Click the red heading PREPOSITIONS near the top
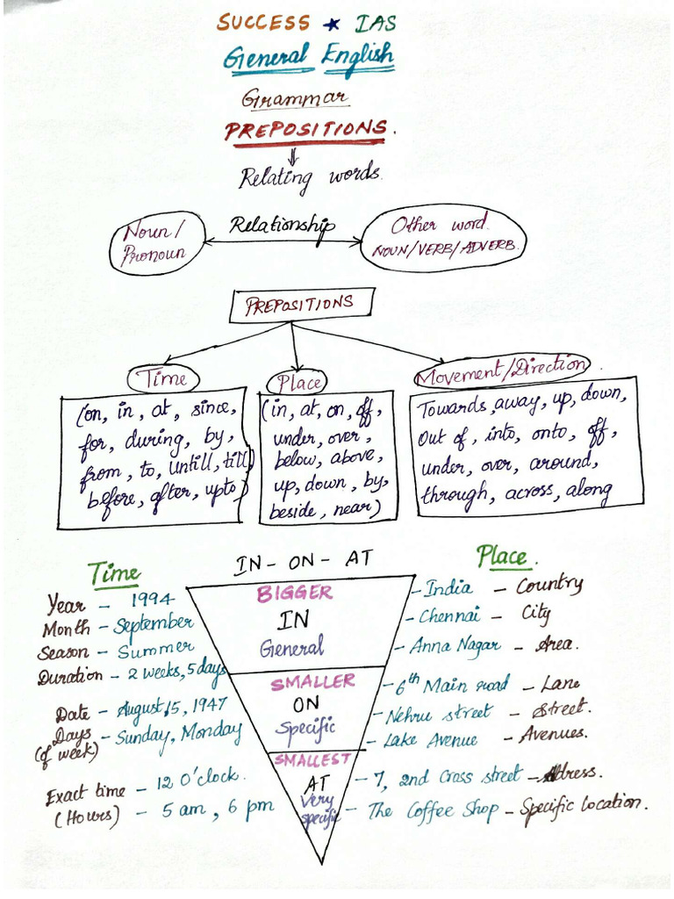pyautogui.click(x=305, y=130)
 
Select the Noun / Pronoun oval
pyautogui.click(x=155, y=244)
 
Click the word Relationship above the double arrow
pyautogui.click(x=282, y=226)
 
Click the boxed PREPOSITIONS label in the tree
pyautogui.click(x=301, y=306)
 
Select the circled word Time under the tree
pyautogui.click(x=164, y=378)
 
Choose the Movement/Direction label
pyautogui.click(x=501, y=370)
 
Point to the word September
pyautogui.click(x=154, y=624)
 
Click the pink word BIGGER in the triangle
pyautogui.click(x=295, y=593)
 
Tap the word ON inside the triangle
pyautogui.click(x=294, y=704)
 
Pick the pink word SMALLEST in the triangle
pyautogui.click(x=300, y=759)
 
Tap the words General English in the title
pyautogui.click(x=307, y=58)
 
